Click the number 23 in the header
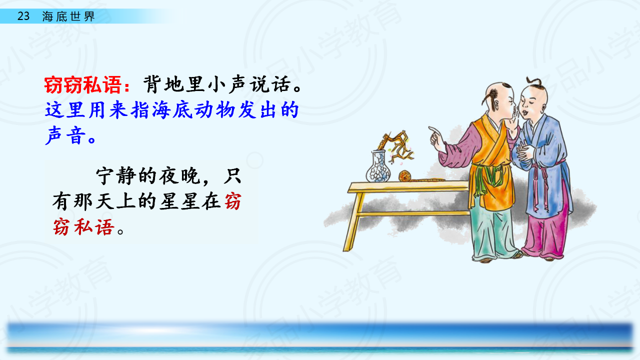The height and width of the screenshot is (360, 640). [x=23, y=16]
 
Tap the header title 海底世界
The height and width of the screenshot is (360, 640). [x=68, y=16]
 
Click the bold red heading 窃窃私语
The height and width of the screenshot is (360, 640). [x=83, y=85]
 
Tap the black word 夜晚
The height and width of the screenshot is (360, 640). [x=179, y=176]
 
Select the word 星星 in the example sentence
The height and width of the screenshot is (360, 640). [x=179, y=201]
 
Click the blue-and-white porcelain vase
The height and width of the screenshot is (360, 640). [x=378, y=167]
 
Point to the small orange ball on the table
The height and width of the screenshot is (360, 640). [x=404, y=176]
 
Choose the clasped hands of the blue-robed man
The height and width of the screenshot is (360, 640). [x=524, y=153]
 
